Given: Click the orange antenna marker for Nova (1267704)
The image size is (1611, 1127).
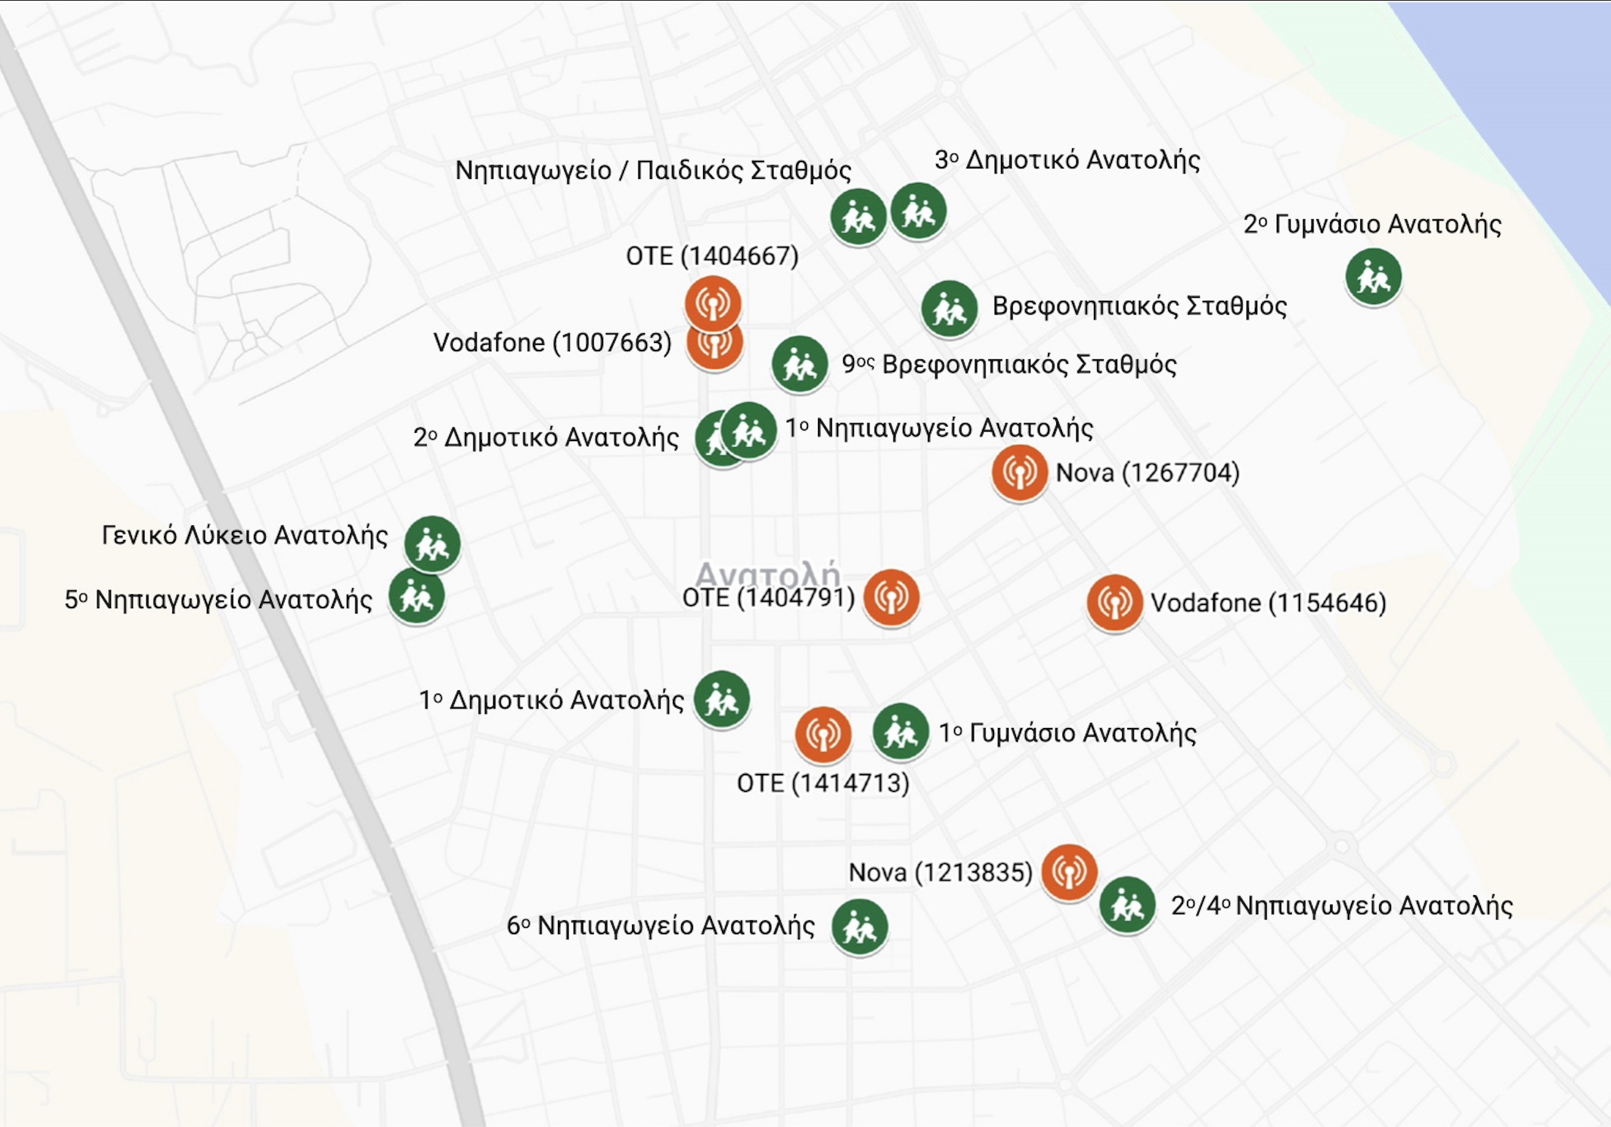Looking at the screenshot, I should (x=1018, y=472).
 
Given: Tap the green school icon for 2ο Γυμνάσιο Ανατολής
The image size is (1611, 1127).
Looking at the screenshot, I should (x=1373, y=276).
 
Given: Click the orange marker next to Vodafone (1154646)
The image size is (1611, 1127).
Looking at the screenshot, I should (x=1114, y=602).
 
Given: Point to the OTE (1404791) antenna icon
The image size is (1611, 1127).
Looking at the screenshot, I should (x=890, y=597).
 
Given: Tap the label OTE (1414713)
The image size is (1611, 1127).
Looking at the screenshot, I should (x=822, y=783).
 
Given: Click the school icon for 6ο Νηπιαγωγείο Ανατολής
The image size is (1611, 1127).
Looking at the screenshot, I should (x=860, y=927).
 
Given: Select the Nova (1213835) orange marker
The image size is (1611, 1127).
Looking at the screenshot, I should (x=1069, y=871).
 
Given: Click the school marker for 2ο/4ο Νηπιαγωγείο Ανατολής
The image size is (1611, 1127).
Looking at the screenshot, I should (x=1127, y=905).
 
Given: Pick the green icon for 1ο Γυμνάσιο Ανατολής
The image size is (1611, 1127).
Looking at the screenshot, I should (x=900, y=731).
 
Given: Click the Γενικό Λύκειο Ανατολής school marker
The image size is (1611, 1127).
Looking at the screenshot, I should (x=432, y=544).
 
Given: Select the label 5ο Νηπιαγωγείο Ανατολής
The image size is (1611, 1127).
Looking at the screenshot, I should (x=218, y=600).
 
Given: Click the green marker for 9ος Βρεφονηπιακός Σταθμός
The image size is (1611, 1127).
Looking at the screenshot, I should (x=799, y=364).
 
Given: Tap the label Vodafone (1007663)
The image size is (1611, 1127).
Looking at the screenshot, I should (x=552, y=342).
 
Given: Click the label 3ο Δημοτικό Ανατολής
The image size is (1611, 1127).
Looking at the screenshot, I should (x=1066, y=160).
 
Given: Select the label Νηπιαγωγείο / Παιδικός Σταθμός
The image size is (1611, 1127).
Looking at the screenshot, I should (x=653, y=170).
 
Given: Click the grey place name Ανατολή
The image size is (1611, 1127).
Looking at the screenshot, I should (x=768, y=574).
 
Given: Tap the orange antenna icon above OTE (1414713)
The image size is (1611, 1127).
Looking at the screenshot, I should (x=822, y=734).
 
